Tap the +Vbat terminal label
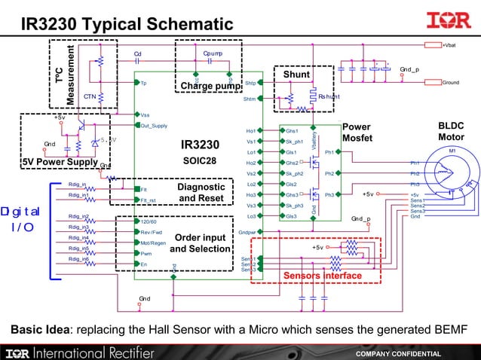[449, 46]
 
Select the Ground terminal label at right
[450, 82]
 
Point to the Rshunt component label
[329, 96]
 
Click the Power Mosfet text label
[357, 133]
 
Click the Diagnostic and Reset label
[201, 193]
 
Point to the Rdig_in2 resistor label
[78, 216]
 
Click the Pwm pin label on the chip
[146, 254]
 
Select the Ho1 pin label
[250, 131]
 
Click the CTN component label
[89, 96]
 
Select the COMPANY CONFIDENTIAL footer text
[399, 353]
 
